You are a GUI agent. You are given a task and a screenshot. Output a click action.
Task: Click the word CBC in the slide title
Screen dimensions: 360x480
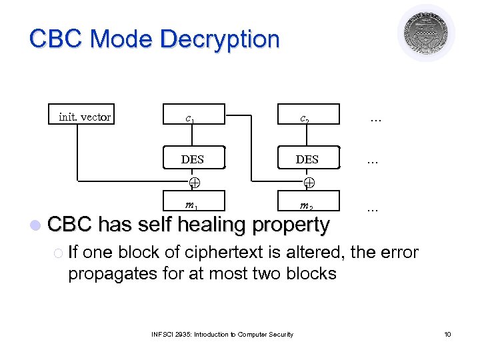click(57, 39)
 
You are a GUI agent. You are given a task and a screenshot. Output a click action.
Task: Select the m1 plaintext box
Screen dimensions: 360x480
click(193, 202)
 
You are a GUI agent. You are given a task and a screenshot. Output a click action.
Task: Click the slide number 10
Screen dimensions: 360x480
click(447, 334)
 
